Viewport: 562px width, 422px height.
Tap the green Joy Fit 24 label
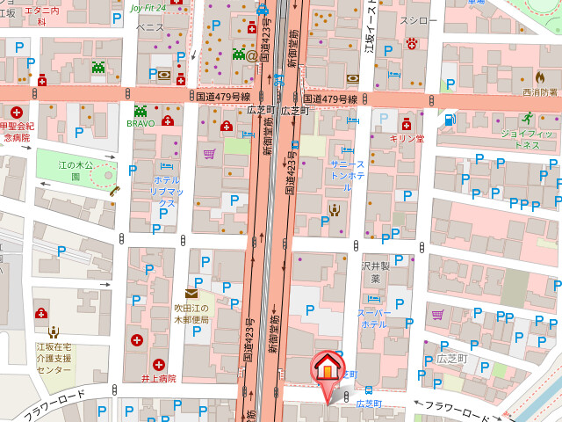click(148, 8)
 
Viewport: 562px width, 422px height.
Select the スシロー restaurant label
click(418, 19)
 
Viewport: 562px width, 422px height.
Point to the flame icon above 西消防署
click(540, 76)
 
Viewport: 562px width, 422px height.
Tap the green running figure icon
click(527, 118)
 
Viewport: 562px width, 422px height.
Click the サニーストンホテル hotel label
click(348, 170)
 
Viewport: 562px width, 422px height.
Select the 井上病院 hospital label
click(159, 379)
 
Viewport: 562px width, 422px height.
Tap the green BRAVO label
click(140, 124)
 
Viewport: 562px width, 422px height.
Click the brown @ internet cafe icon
click(252, 55)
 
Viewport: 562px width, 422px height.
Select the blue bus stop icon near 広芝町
click(369, 389)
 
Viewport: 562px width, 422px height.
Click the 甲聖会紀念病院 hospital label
click(18, 132)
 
